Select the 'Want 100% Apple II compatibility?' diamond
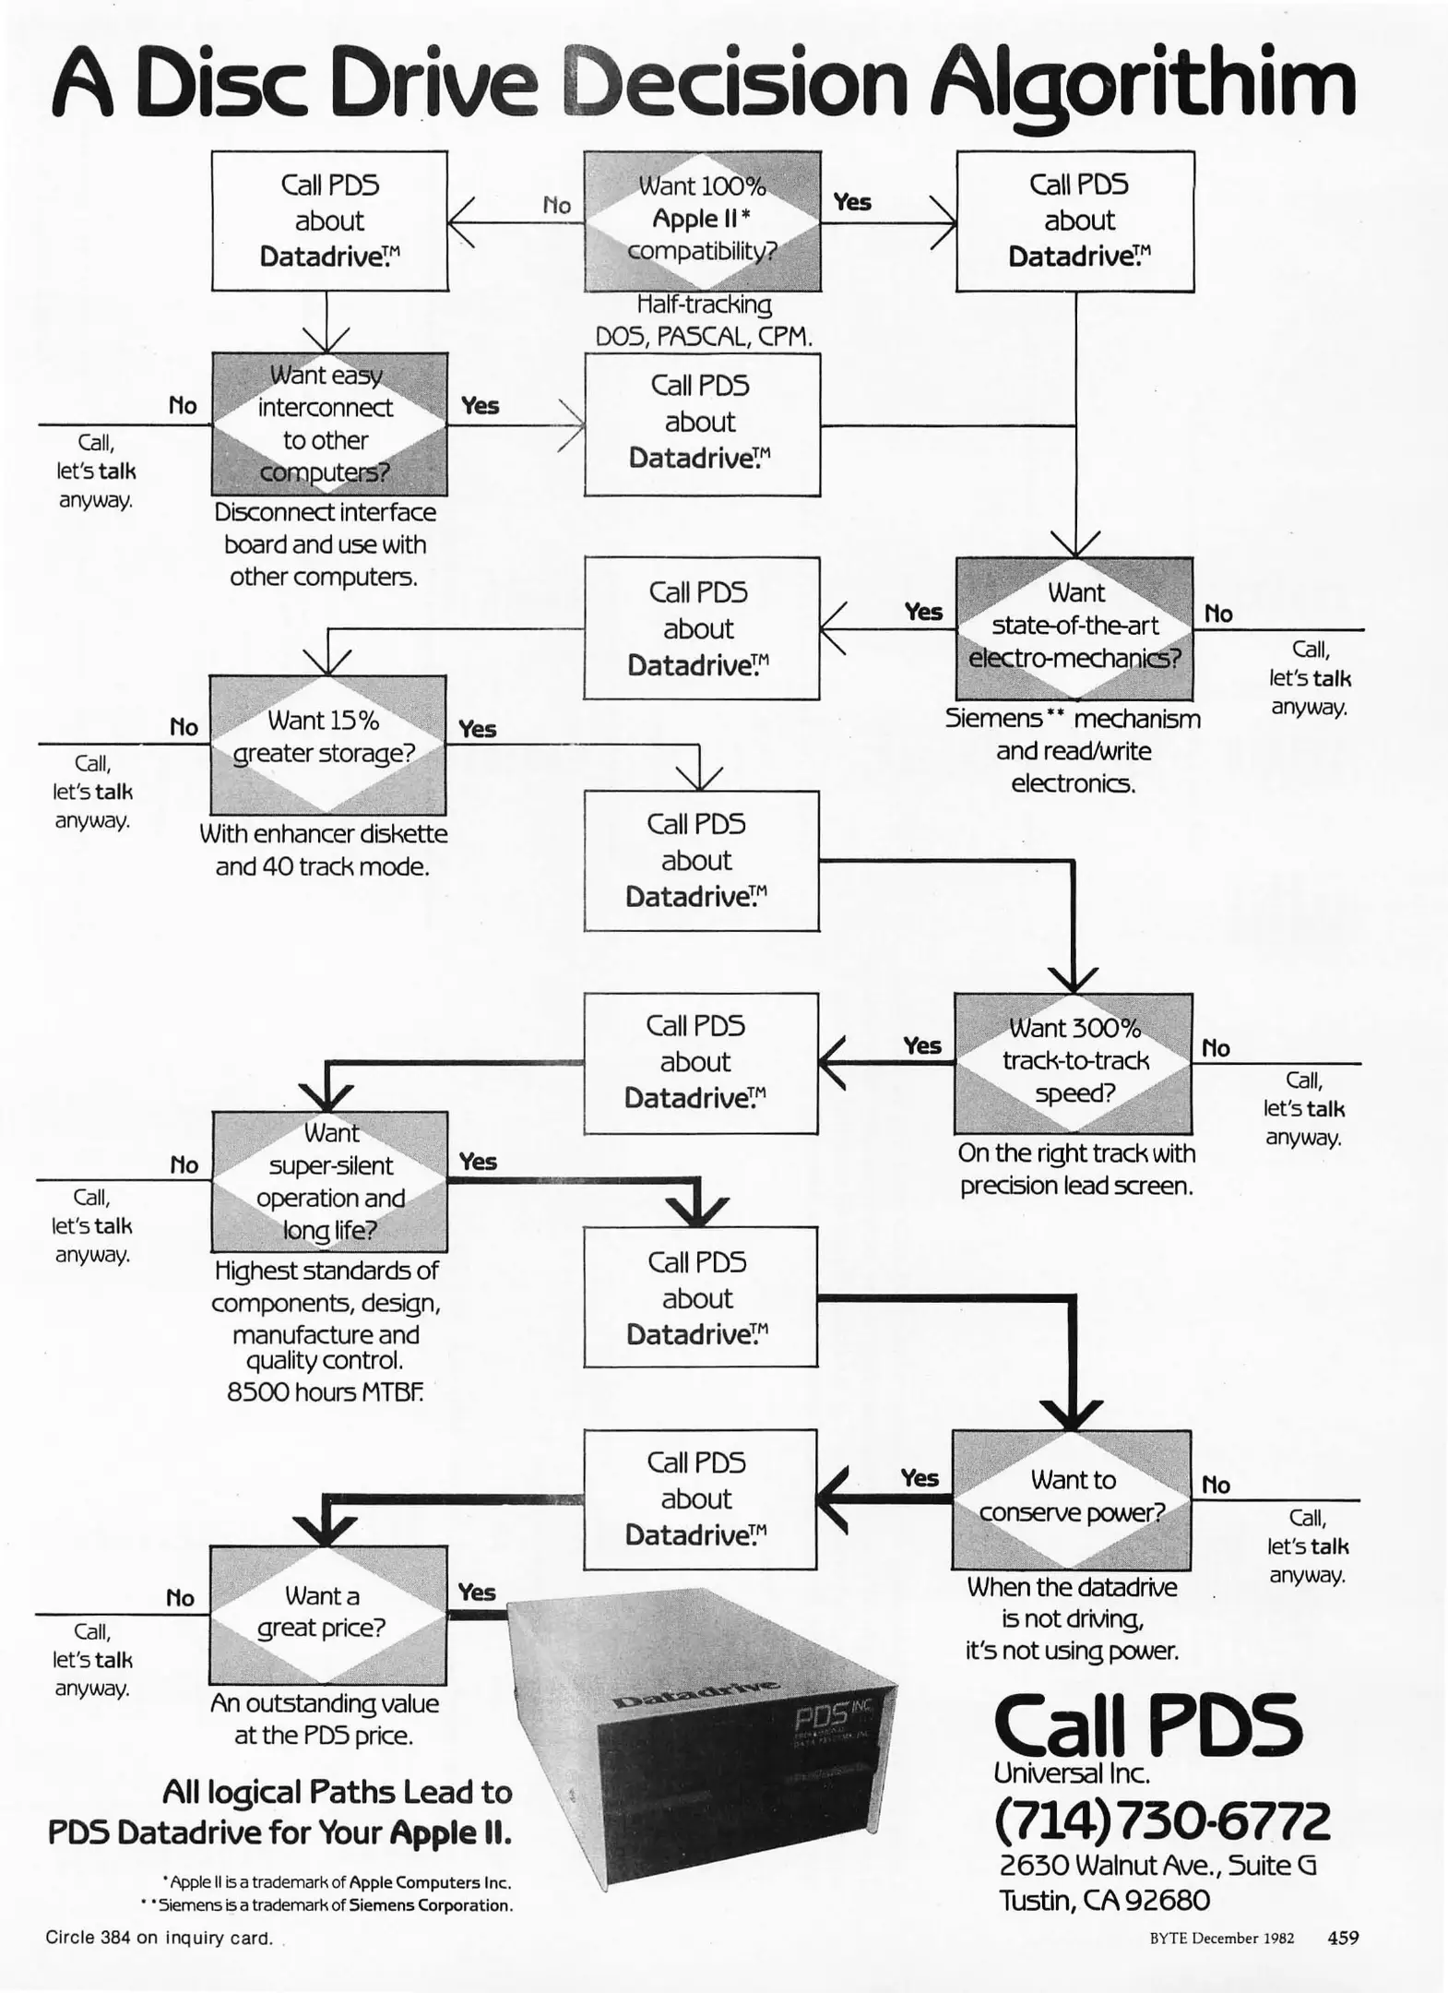[x=702, y=221]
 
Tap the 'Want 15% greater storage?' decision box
[x=327, y=744]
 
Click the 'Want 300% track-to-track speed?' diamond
[x=1073, y=1063]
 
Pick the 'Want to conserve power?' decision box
[x=1071, y=1499]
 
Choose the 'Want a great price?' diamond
[x=327, y=1615]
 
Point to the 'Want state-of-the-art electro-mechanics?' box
[x=1074, y=628]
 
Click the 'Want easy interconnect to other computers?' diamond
[x=329, y=424]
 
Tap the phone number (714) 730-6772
[x=1162, y=1820]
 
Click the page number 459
[x=1342, y=1938]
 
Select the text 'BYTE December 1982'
[x=1221, y=1939]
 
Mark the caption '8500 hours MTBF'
[x=325, y=1391]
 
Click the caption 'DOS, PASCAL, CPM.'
[x=704, y=337]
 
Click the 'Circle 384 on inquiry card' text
[x=159, y=1938]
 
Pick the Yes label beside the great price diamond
[x=477, y=1593]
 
